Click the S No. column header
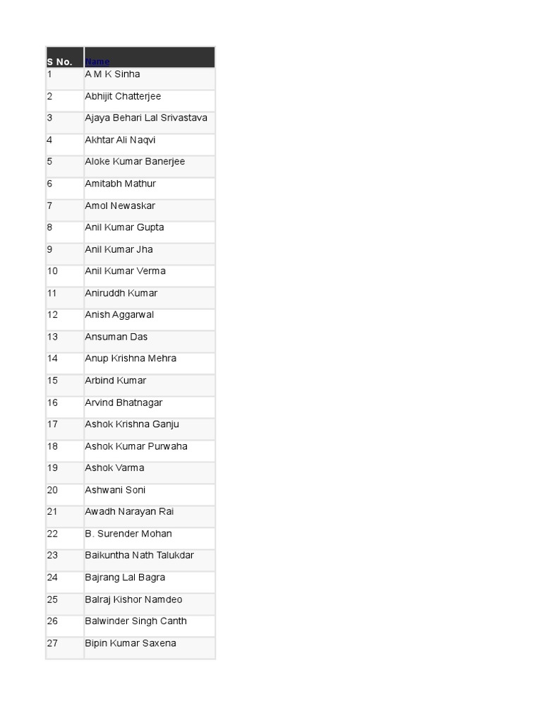click(x=59, y=62)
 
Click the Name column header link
click(x=97, y=62)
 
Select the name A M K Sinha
click(x=112, y=74)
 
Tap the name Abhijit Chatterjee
click(x=123, y=96)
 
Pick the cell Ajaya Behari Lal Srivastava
click(x=146, y=118)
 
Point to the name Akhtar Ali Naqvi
click(x=120, y=140)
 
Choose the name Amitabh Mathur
click(x=120, y=184)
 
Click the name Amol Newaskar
click(x=120, y=205)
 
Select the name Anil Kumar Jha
click(x=119, y=249)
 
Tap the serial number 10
click(x=53, y=271)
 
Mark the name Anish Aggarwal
click(x=119, y=315)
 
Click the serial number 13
click(x=53, y=337)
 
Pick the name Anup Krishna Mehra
click(x=131, y=359)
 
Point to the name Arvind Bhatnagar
click(x=124, y=402)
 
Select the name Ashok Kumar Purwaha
click(x=136, y=446)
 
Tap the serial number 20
click(x=53, y=490)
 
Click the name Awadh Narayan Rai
click(x=129, y=512)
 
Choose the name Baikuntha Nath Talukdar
click(x=139, y=556)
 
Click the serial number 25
click(x=53, y=599)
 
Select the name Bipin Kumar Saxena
click(x=131, y=643)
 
